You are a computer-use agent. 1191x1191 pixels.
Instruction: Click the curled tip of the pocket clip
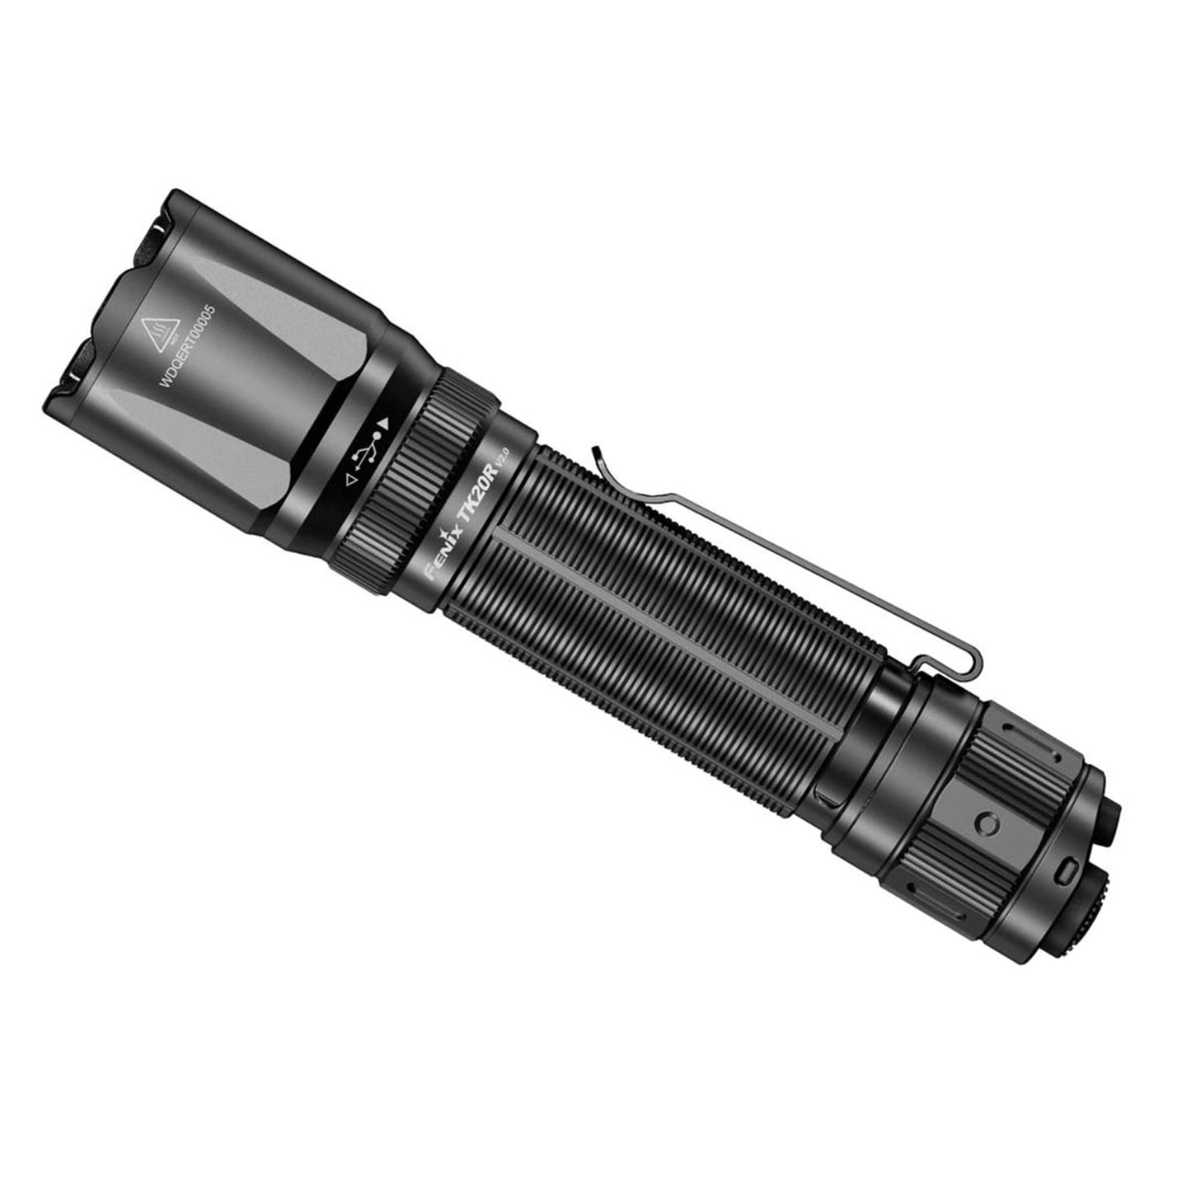596,453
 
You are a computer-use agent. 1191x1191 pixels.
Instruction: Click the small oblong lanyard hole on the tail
1070,869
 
